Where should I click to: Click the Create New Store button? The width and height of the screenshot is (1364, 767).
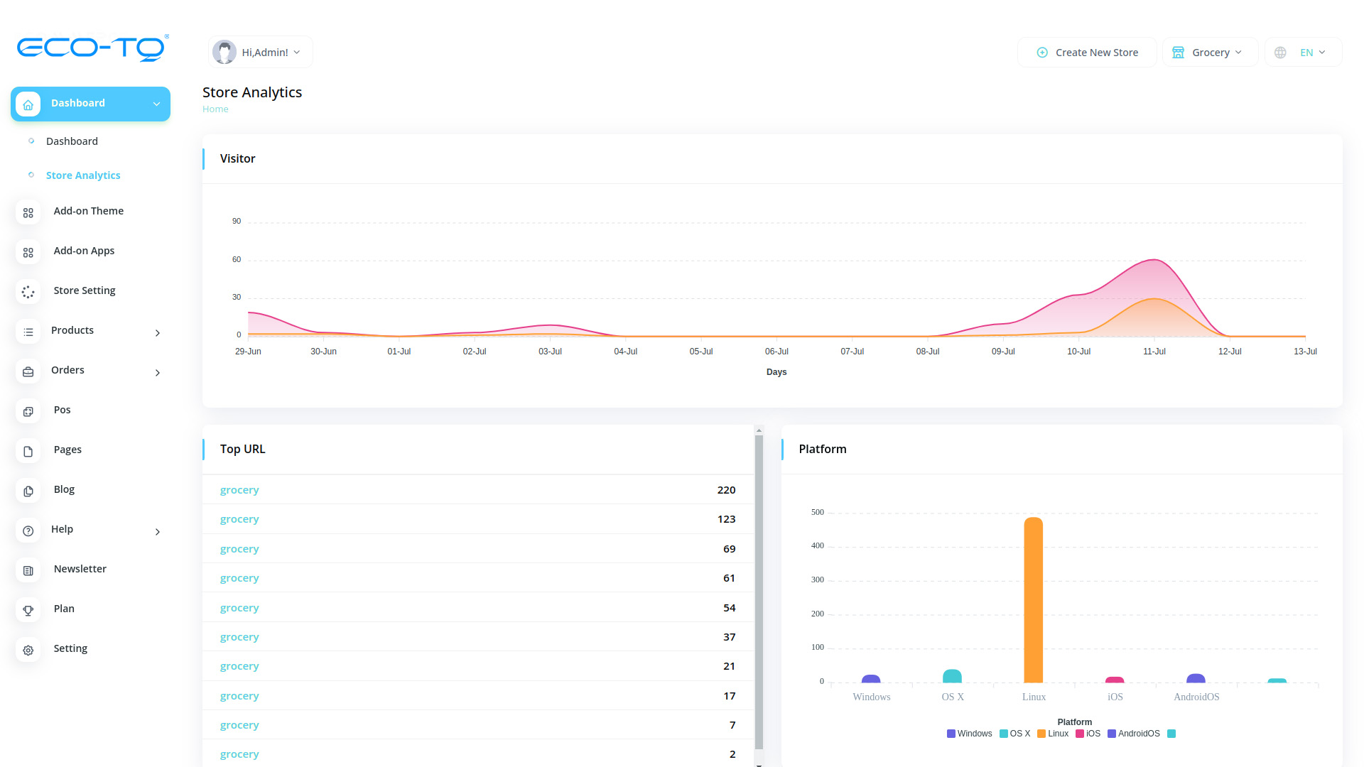coord(1088,53)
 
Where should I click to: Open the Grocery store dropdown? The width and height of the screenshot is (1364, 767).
coord(1210,53)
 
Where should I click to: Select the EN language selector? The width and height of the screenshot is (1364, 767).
coord(1304,53)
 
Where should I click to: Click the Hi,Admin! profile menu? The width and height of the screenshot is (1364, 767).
coord(261,53)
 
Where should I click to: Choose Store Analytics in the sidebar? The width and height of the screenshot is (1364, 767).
coord(83,175)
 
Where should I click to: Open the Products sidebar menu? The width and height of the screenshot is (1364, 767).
coord(72,330)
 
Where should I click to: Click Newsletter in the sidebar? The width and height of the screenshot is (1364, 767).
coord(80,569)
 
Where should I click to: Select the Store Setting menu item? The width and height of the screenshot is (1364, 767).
coord(85,290)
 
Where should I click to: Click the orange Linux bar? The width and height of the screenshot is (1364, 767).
coord(1034,600)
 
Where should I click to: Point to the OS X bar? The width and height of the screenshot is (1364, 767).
coord(952,676)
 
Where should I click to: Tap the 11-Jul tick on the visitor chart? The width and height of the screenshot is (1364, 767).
coord(1154,352)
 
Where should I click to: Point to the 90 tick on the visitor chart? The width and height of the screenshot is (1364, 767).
coord(237,222)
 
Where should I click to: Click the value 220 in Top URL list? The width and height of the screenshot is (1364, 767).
coord(726,490)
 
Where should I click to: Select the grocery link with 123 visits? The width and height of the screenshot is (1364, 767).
coord(239,519)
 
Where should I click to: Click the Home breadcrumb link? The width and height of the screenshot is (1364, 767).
coord(215,109)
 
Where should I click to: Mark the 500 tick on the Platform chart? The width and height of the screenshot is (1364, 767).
coord(818,512)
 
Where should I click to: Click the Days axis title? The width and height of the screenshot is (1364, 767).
coord(776,372)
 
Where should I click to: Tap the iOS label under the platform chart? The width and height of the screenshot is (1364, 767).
coord(1115,697)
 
